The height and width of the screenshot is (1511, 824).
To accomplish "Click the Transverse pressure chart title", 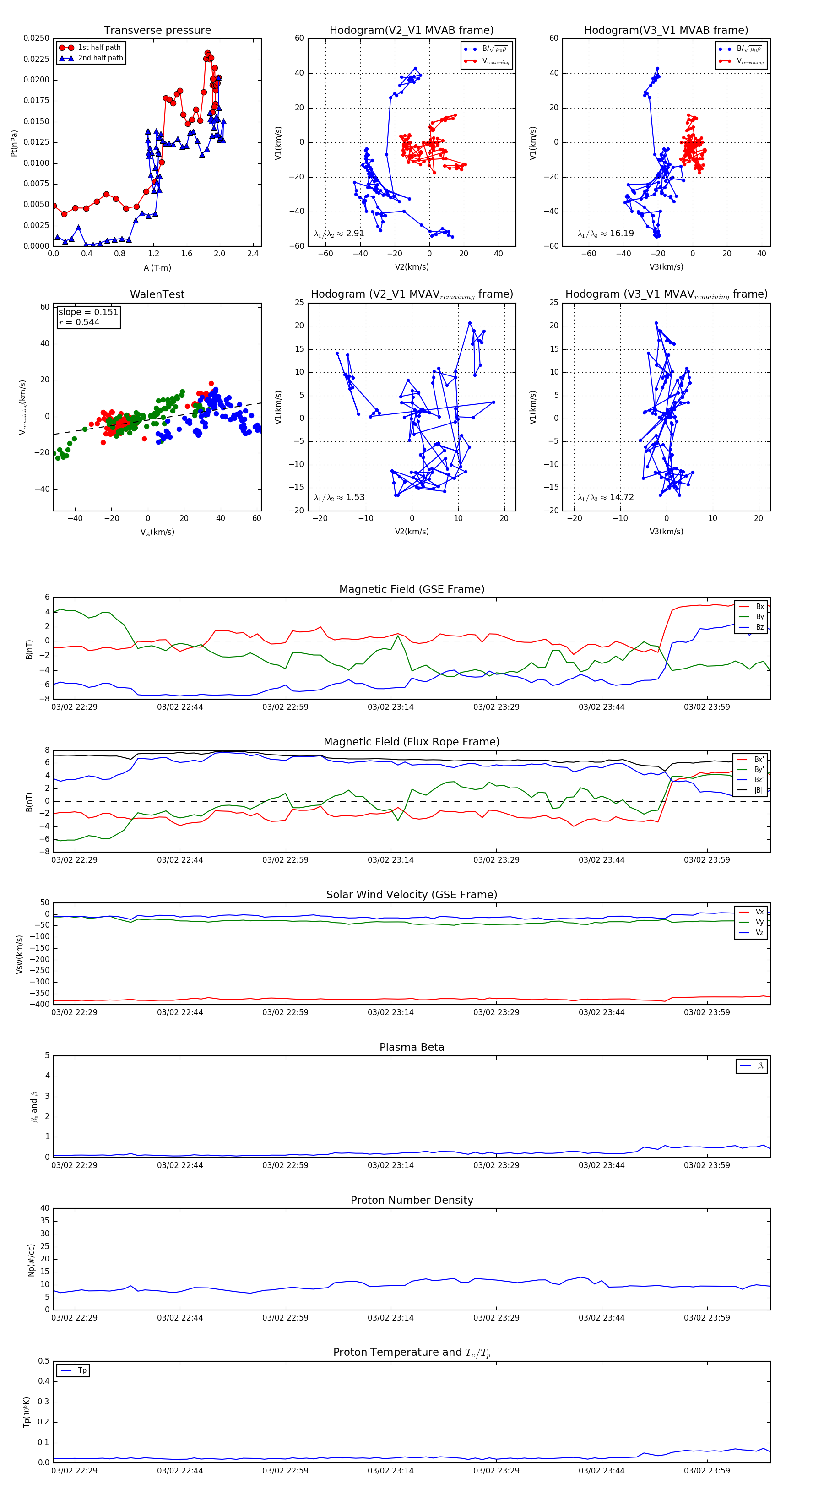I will [x=157, y=31].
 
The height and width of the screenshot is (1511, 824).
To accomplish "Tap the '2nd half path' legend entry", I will [x=100, y=58].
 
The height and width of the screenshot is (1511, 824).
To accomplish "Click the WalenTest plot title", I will [x=157, y=294].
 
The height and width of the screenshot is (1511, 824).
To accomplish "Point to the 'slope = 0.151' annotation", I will [x=88, y=312].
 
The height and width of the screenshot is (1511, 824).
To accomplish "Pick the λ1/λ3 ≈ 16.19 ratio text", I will [x=606, y=234].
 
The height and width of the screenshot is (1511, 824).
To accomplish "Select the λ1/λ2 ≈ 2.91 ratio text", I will [x=339, y=234].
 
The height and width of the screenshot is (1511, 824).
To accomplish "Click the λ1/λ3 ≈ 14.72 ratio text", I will [x=606, y=497].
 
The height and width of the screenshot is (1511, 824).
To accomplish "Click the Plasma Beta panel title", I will [x=412, y=1047].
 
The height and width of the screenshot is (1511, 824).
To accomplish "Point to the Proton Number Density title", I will [x=412, y=1200].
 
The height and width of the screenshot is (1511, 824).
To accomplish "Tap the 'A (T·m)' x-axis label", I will [x=157, y=268].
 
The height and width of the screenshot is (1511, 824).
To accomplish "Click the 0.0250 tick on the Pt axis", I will [x=36, y=38].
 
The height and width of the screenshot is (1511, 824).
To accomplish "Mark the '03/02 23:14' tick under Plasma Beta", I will [x=390, y=1165].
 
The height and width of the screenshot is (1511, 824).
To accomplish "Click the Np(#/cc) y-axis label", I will [x=31, y=1260].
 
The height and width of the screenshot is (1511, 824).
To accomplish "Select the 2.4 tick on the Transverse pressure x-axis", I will [x=253, y=254].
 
